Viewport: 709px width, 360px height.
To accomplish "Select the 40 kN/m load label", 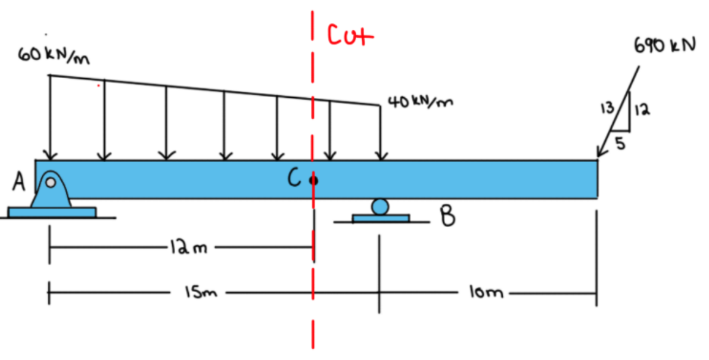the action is click(421, 102).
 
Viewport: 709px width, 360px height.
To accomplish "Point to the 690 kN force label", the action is click(664, 46).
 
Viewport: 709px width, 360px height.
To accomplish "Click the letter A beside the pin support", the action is click(19, 183).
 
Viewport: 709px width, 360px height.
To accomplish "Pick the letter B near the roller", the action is click(447, 216).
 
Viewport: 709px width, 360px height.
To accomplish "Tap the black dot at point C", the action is click(313, 181).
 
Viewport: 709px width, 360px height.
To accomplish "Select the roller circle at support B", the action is click(380, 207).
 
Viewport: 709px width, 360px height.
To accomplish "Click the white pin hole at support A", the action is click(51, 182).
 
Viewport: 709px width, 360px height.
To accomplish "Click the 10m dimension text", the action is click(486, 293).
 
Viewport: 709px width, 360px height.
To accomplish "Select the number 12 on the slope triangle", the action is click(642, 109).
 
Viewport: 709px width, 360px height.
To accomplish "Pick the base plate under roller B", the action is click(381, 218).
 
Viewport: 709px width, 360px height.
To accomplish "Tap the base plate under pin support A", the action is click(52, 212).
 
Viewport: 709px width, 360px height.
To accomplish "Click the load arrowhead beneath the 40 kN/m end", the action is click(382, 156).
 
